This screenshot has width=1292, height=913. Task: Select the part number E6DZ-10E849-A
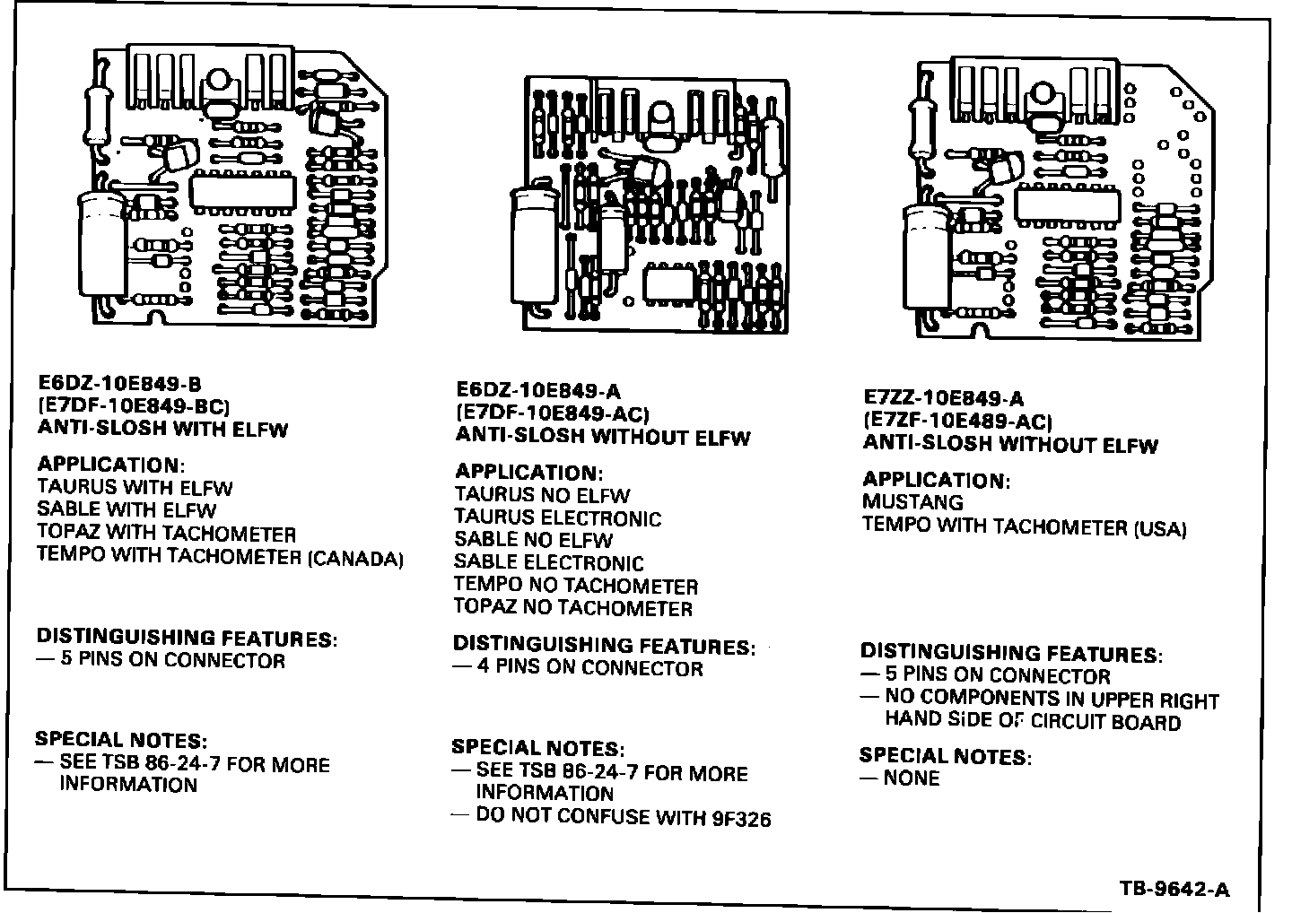538,390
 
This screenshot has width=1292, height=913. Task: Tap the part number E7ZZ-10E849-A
943,398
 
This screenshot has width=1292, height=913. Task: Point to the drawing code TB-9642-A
1175,890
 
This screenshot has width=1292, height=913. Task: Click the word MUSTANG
912,502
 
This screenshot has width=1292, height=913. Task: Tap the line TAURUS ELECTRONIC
557,517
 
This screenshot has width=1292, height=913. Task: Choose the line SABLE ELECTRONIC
548,563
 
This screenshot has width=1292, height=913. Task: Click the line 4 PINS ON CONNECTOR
589,668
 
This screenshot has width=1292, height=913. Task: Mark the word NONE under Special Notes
912,778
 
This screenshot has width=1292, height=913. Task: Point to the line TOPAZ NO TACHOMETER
572,608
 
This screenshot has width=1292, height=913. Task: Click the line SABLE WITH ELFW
127,510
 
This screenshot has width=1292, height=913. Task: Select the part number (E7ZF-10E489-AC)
957,421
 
